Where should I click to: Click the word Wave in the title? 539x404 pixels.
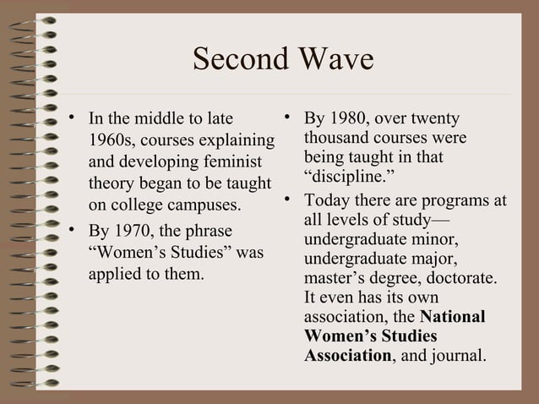point(333,61)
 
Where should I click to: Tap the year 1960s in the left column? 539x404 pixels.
point(109,139)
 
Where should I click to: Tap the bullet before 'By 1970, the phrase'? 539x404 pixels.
point(74,229)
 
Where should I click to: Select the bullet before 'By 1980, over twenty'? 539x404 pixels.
point(288,117)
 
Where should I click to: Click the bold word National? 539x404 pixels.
point(453,318)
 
